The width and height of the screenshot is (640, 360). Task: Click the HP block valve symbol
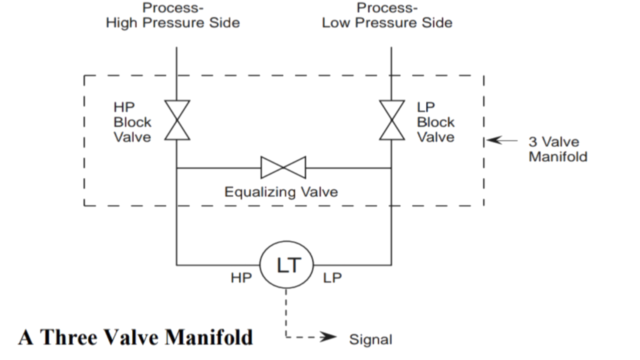pyautogui.click(x=177, y=120)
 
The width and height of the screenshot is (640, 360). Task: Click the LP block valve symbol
pyautogui.click(x=391, y=120)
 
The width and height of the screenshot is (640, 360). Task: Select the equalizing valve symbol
pyautogui.click(x=283, y=167)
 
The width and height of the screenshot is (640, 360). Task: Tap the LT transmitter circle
pyautogui.click(x=286, y=265)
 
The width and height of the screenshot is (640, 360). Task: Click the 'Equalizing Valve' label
pyautogui.click(x=280, y=192)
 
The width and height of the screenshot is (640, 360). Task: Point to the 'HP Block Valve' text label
pyautogui.click(x=132, y=122)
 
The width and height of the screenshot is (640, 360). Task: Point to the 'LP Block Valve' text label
pyautogui.click(x=435, y=122)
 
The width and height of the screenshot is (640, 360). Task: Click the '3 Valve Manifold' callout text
pyautogui.click(x=557, y=149)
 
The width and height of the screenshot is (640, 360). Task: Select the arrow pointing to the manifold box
pyautogui.click(x=502, y=141)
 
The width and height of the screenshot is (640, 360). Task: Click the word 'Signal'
pyautogui.click(x=370, y=339)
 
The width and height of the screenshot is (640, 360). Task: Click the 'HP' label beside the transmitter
pyautogui.click(x=241, y=278)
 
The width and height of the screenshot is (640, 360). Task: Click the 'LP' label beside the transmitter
pyautogui.click(x=332, y=278)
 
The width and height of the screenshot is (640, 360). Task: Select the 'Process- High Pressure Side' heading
pyautogui.click(x=172, y=15)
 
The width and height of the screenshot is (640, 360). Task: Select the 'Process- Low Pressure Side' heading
pyautogui.click(x=387, y=15)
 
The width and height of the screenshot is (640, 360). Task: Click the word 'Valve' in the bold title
pyautogui.click(x=130, y=337)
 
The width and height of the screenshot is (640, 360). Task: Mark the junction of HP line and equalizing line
pyautogui.click(x=176, y=168)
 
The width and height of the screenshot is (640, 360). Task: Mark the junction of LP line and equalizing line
pyautogui.click(x=391, y=168)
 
